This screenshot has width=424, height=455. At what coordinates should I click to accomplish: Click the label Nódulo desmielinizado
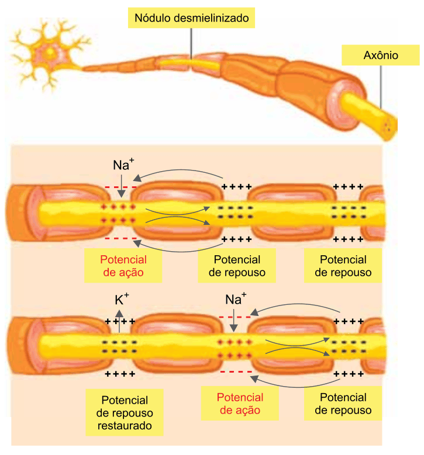[x=191, y=18]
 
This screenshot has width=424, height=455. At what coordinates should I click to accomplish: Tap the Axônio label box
[x=380, y=55]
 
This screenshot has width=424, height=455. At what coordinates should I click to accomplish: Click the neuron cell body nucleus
[x=50, y=53]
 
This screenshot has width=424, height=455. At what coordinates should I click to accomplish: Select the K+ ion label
[x=122, y=300]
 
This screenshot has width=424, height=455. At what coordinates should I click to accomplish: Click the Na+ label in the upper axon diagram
[x=123, y=165]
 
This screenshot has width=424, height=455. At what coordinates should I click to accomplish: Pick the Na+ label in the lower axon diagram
[x=236, y=299]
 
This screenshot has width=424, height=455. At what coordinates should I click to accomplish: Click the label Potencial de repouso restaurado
[x=125, y=412]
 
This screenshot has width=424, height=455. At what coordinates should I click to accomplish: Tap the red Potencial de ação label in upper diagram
[x=123, y=266]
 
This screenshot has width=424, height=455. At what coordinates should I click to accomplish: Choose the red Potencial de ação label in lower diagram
[x=240, y=404]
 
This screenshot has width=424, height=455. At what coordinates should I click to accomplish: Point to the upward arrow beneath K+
[x=119, y=321]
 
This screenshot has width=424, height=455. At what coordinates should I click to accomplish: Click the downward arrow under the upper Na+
[x=122, y=186]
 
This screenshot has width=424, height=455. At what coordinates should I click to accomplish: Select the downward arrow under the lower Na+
[x=234, y=321]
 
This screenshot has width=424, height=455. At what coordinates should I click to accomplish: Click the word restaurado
[x=125, y=426]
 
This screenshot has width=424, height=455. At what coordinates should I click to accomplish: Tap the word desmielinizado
[x=212, y=18]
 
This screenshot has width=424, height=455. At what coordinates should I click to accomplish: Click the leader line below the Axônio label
[x=381, y=87]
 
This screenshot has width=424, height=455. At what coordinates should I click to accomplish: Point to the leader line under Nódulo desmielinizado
[x=191, y=44]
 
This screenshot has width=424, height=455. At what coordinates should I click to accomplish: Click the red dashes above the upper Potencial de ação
[x=120, y=238]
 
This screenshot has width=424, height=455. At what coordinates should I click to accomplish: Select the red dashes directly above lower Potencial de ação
[x=236, y=371]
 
